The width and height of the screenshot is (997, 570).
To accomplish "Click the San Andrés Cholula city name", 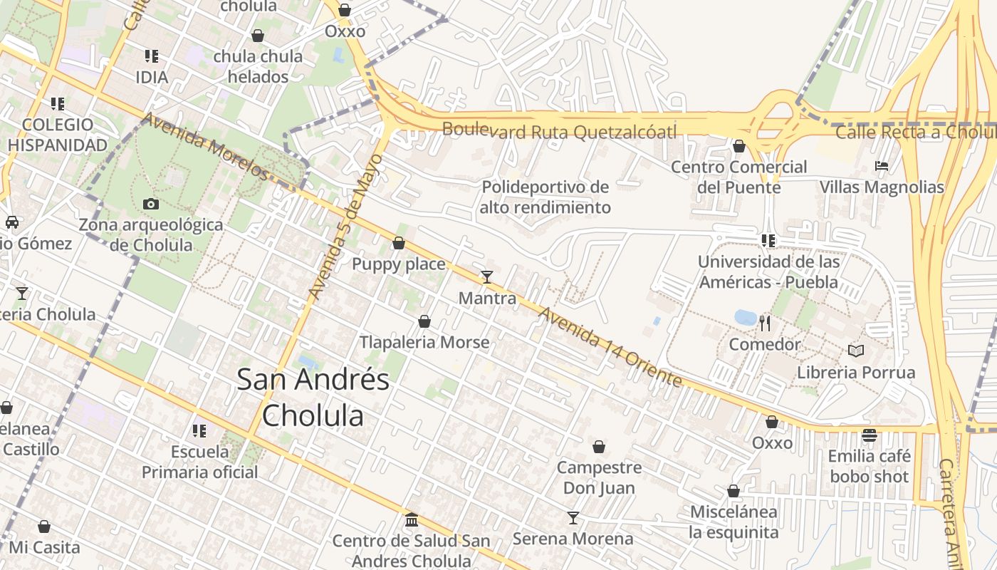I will [313, 397].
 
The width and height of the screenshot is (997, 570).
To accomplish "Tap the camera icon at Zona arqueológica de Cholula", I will [151, 204].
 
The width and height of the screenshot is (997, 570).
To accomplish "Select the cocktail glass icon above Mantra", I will [487, 277].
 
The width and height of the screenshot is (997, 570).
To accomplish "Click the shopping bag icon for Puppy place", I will [399, 244].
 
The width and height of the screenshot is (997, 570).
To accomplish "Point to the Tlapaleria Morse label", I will [424, 342].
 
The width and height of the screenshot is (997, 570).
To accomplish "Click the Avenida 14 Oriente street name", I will [610, 347].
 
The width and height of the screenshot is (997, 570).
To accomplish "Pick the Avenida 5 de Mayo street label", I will [346, 226].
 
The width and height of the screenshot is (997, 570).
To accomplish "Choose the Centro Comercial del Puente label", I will [739, 177].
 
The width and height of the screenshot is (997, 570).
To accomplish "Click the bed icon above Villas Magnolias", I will [882, 166].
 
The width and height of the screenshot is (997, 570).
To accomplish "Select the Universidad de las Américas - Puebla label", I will [768, 271].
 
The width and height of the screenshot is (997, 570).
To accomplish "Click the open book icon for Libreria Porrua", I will [856, 351].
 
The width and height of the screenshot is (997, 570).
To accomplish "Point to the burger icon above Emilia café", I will [869, 435].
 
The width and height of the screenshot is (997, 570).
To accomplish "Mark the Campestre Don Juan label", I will [599, 478].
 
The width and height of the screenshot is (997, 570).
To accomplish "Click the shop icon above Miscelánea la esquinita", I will [734, 492].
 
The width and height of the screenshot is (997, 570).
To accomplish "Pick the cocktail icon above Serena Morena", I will [573, 518].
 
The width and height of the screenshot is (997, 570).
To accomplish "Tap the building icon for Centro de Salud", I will [412, 520].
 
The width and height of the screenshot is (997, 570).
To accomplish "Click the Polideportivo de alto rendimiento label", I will [546, 197].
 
